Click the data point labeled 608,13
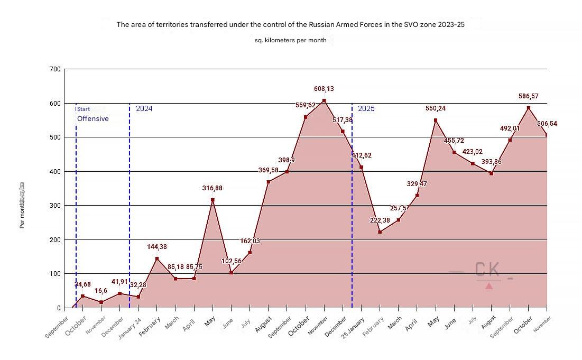point(324,100)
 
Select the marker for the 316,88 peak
point(213,200)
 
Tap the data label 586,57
point(529,96)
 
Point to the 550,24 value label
point(436,108)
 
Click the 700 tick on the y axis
point(54,69)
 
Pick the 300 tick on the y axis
point(54,206)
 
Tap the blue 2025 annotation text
point(366,108)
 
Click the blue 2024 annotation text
point(144,108)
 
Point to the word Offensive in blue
point(93,118)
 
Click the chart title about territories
point(291,24)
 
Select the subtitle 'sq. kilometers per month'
point(290,40)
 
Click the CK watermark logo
point(488,272)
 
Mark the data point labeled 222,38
point(380,232)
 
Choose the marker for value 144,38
point(157,259)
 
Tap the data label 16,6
point(101,291)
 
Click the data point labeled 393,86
point(491,173)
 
